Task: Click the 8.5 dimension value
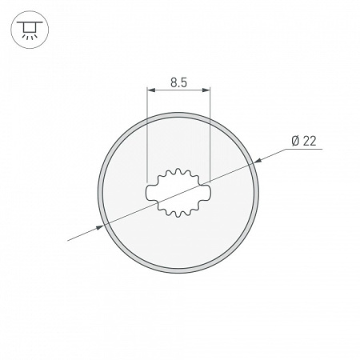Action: coord(178,82)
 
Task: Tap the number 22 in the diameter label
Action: coord(309,141)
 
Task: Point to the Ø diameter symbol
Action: coord(295,141)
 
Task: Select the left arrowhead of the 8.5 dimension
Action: coord(150,92)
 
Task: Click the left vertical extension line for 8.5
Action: coord(147,136)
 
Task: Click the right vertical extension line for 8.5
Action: coord(209,136)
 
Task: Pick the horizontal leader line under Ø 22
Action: coord(304,150)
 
